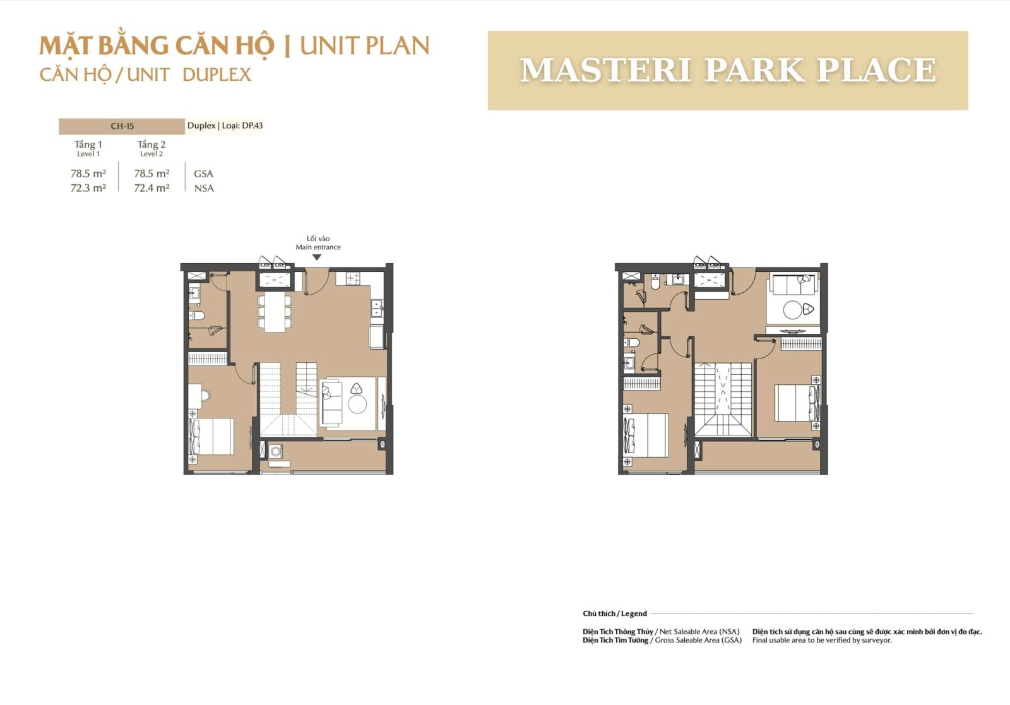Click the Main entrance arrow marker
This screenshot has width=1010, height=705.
click(317, 258)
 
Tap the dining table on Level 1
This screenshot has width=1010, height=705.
click(275, 312)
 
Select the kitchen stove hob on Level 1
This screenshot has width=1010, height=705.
click(353, 278)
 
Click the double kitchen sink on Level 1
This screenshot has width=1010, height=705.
click(376, 309)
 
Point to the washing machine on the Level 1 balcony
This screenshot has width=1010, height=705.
click(275, 451)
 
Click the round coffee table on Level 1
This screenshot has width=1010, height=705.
click(357, 405)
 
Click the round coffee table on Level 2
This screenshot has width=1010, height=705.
click(792, 310)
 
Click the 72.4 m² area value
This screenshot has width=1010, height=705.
click(151, 188)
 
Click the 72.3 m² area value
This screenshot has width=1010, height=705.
click(88, 188)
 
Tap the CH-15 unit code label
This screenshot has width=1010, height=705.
click(122, 126)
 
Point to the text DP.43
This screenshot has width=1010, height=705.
click(252, 126)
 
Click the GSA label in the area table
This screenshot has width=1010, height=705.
click(203, 174)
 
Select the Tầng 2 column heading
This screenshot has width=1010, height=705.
click(151, 145)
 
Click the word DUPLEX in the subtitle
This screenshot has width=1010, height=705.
click(217, 75)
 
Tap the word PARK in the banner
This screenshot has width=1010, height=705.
click(755, 70)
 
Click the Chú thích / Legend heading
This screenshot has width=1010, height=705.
click(615, 613)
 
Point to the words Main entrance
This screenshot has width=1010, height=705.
click(318, 247)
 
